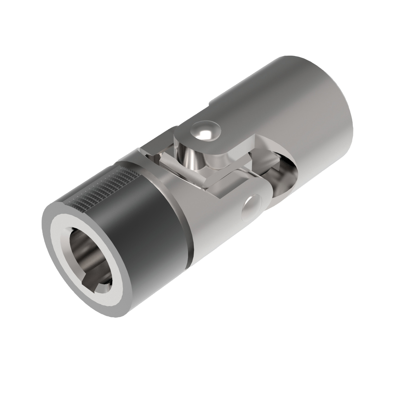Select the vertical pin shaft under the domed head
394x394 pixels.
pyautogui.click(x=192, y=155)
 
